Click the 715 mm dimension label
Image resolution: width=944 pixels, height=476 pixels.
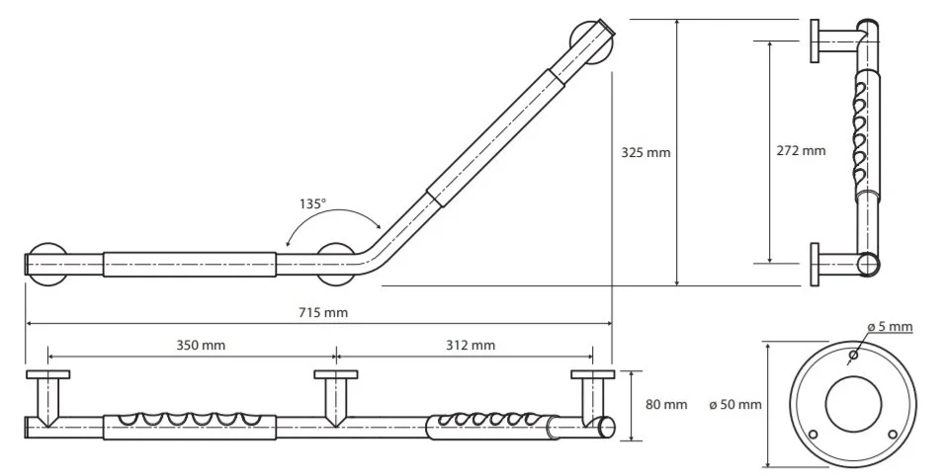click(x=324, y=313)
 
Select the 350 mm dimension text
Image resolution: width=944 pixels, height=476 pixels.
click(x=201, y=345)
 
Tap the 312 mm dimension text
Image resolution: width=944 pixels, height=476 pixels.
click(x=471, y=345)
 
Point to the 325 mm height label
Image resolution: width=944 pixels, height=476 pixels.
click(x=645, y=153)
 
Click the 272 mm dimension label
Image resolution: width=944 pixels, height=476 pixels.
click(x=801, y=150)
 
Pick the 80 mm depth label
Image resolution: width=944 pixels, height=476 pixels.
click(x=666, y=404)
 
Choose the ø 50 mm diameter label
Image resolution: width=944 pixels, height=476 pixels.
click(x=735, y=404)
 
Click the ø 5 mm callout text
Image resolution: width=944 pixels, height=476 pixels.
click(x=890, y=327)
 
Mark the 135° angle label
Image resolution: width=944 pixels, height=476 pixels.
click(x=312, y=203)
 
